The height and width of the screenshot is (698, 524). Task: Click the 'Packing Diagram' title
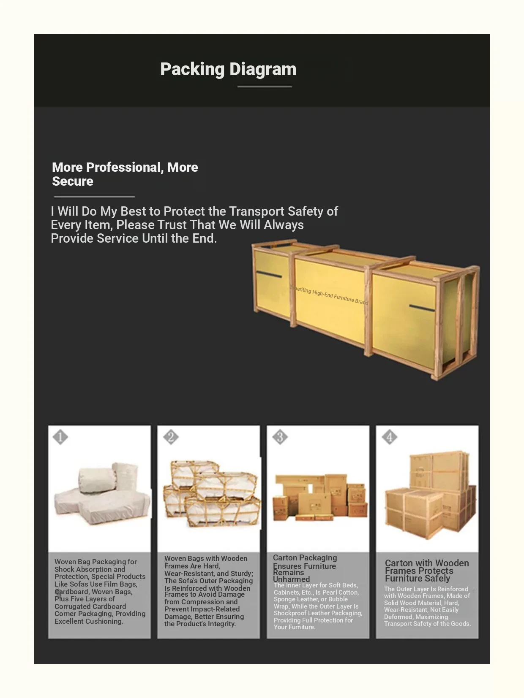228,69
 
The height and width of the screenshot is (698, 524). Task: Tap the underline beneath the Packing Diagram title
265,87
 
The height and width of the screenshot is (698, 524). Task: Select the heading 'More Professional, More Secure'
125,174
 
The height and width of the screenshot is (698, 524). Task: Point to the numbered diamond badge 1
60,437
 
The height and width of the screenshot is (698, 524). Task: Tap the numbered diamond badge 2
171,437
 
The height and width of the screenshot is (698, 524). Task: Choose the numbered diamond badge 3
280,437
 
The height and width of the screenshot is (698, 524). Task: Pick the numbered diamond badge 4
390,437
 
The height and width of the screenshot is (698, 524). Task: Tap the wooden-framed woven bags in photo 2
211,494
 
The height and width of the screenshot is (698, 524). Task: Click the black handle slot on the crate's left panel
269,274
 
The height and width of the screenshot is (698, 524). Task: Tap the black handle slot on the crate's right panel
422,308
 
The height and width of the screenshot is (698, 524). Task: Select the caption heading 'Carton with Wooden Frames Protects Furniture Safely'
426,571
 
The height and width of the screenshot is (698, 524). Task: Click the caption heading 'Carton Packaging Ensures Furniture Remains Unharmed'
304,568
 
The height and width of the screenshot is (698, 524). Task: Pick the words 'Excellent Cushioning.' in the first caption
89,621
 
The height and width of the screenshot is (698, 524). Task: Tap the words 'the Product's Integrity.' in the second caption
200,624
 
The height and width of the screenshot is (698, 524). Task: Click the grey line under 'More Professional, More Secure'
94,197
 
